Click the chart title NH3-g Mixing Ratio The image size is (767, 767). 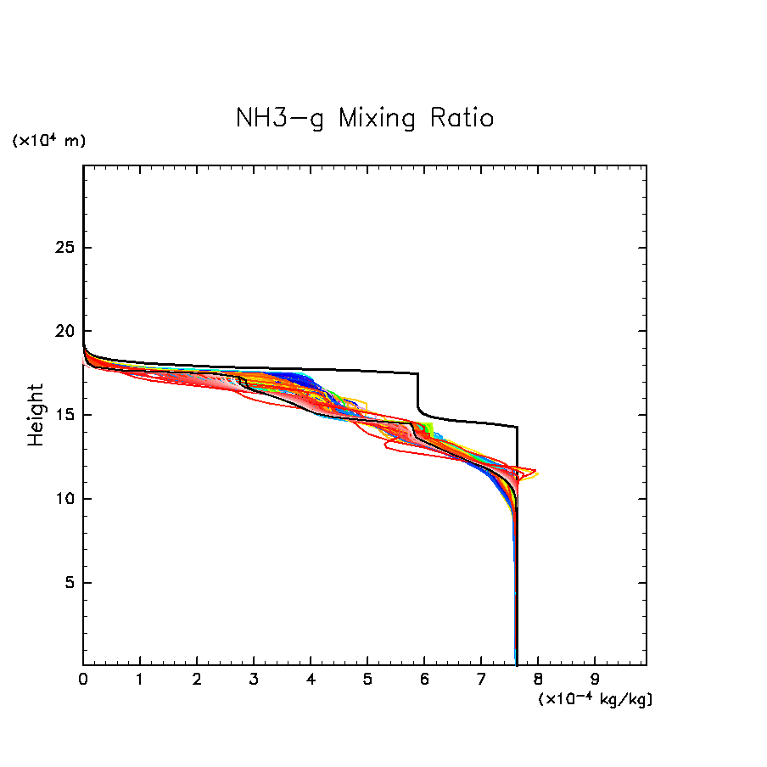click(x=365, y=118)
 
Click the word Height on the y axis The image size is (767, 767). click(x=36, y=415)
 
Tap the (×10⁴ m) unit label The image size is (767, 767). click(x=48, y=141)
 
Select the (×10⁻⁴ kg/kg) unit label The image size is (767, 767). click(x=595, y=699)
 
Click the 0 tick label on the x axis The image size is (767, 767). click(x=83, y=680)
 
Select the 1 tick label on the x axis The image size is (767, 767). click(x=140, y=680)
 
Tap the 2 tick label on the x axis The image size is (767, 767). click(x=197, y=680)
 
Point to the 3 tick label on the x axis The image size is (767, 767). click(x=254, y=680)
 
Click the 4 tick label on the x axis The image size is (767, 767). click(x=311, y=680)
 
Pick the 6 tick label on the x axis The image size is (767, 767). click(x=424, y=680)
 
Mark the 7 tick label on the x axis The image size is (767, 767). click(x=481, y=680)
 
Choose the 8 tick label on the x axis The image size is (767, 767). click(x=538, y=680)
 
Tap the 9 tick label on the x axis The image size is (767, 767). click(x=595, y=680)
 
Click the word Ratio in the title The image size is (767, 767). click(x=462, y=118)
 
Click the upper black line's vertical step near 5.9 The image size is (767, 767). click(x=417, y=390)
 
